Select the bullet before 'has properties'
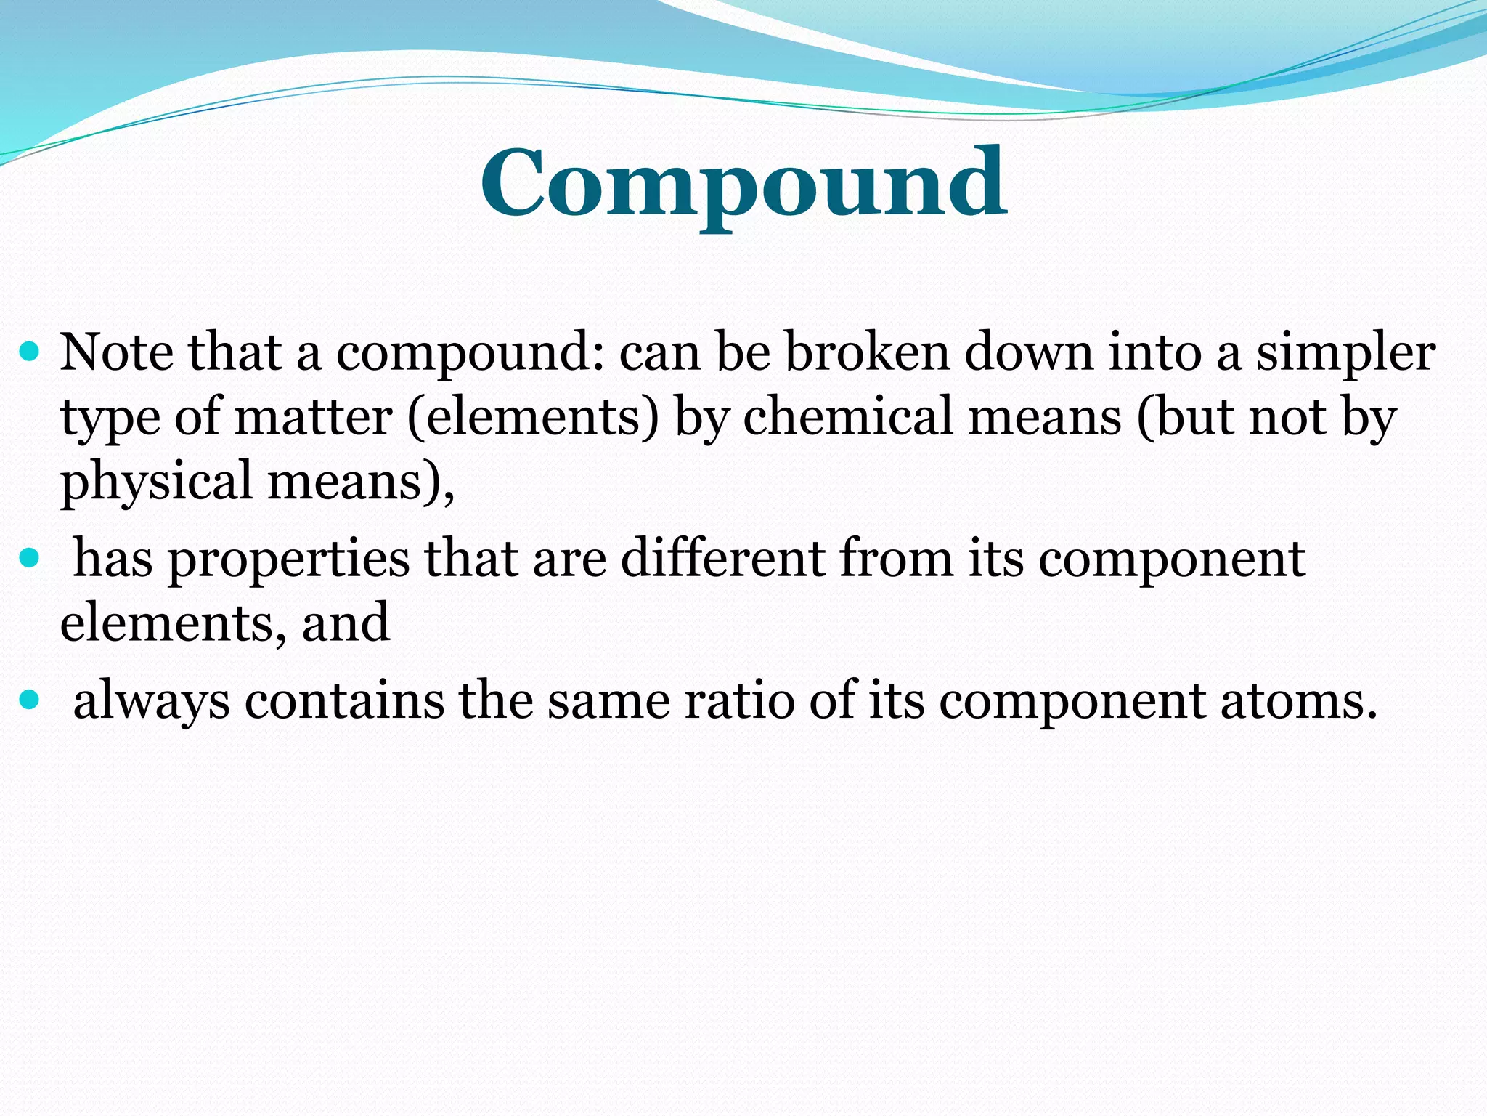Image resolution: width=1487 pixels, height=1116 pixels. (29, 559)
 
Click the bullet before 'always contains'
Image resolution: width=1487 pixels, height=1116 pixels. (29, 700)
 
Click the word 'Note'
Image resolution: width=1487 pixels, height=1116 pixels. (117, 352)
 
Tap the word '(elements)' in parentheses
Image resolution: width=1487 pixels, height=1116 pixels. (533, 418)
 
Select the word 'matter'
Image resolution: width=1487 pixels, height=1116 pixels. (314, 418)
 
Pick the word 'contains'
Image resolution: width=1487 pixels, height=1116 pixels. (344, 700)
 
